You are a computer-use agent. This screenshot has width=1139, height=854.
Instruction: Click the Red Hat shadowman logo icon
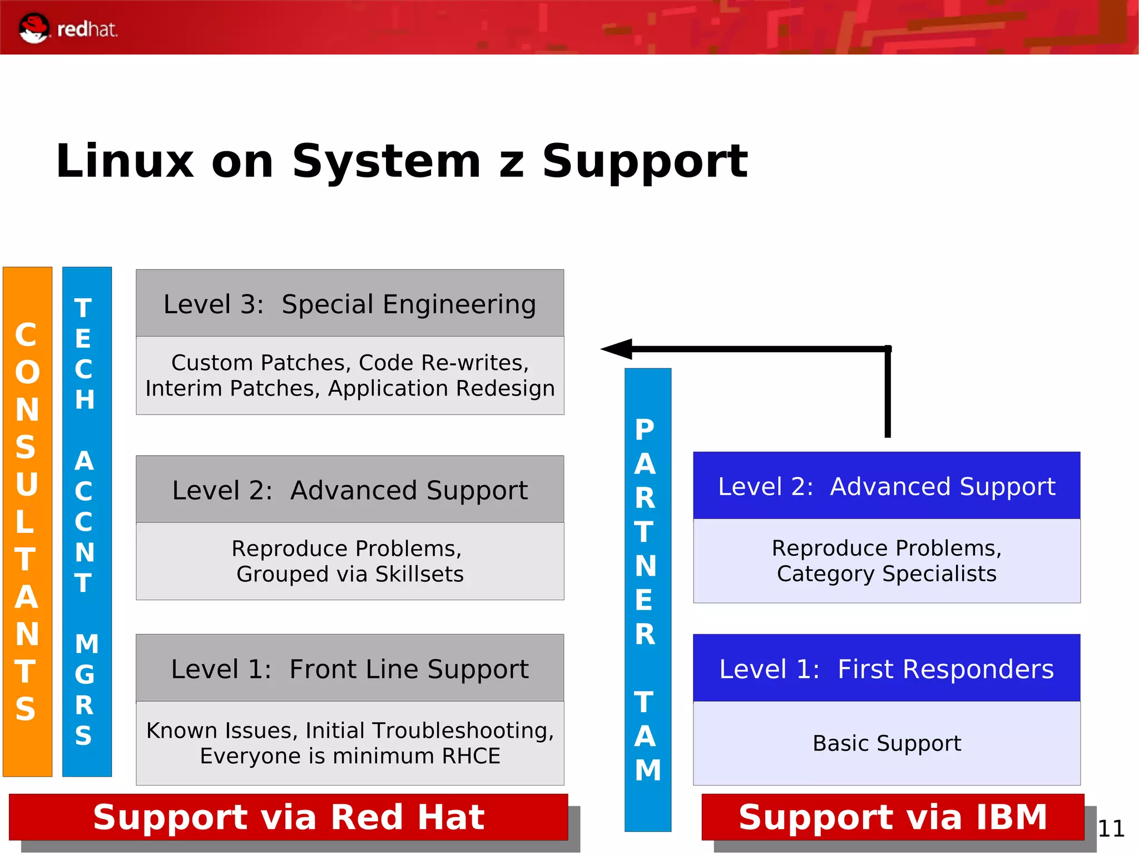(33, 28)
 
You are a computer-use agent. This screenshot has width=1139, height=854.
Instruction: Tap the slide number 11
(1111, 829)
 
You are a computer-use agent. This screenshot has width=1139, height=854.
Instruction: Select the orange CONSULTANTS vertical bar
(27, 521)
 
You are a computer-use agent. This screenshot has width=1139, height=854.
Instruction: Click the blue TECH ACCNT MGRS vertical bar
(87, 521)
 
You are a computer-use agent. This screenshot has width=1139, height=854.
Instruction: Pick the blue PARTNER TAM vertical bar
(647, 599)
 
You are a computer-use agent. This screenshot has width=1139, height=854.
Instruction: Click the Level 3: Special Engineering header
(350, 304)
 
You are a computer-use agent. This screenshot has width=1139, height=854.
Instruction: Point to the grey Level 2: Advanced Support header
(350, 490)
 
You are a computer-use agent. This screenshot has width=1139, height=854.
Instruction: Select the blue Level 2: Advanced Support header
(887, 486)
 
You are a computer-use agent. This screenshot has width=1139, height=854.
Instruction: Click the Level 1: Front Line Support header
(350, 669)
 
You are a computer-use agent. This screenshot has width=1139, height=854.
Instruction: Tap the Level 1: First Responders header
(887, 669)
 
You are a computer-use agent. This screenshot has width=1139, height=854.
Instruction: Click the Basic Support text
(887, 743)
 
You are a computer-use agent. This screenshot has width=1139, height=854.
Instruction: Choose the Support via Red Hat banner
(289, 817)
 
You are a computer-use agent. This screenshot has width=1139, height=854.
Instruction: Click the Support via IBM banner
(893, 817)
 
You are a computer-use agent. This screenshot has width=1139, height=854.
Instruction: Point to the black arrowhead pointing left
(617, 349)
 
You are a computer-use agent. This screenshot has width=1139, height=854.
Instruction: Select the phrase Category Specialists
(887, 574)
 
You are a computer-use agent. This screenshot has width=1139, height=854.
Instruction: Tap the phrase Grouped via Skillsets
(350, 574)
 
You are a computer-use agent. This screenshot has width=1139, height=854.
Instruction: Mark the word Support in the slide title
(645, 161)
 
